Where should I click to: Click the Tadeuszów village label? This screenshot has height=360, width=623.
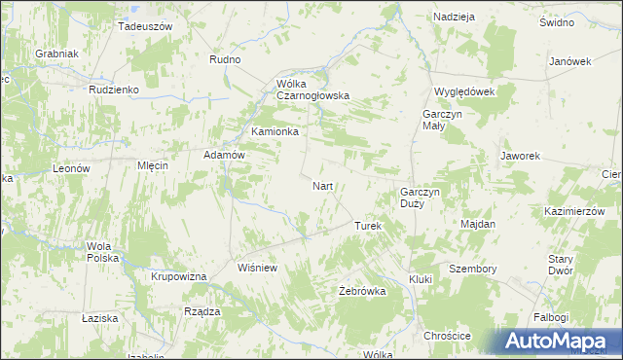pos(144,26)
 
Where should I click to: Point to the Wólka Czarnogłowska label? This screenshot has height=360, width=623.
pos(306,90)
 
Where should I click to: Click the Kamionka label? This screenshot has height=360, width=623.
pos(275,131)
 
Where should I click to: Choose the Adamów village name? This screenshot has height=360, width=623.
pos(222,155)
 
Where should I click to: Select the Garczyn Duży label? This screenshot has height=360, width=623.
pos(421,198)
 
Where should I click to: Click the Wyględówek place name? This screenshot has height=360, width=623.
pos(464,91)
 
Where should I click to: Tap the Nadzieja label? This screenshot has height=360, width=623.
pos(454,18)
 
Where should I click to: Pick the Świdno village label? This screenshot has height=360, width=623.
pos(556,22)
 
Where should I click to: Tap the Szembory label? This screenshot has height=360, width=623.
pos(473,269)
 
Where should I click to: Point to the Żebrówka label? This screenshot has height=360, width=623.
pos(362,291)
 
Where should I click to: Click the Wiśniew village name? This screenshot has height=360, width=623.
pos(259,267)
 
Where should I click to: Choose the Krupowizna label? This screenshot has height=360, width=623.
pos(179,277)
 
